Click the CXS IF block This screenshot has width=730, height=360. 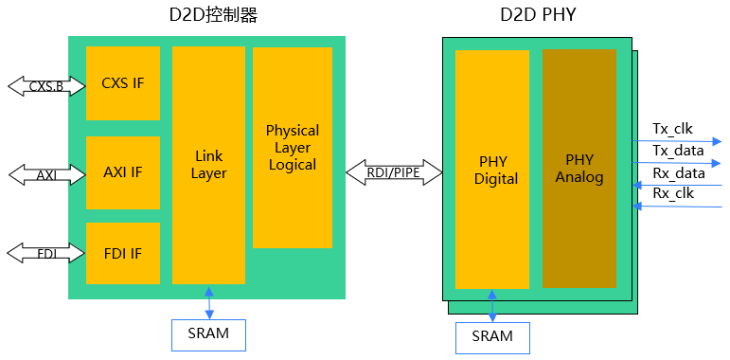(x=123, y=83)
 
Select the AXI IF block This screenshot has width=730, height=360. (x=123, y=172)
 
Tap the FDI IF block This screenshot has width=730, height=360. (x=123, y=253)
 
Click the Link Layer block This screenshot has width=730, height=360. (x=208, y=165)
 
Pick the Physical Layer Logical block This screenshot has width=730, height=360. (x=292, y=147)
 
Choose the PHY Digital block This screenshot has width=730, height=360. (x=492, y=170)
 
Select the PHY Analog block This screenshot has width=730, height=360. (x=579, y=169)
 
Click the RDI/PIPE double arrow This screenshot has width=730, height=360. (x=393, y=171)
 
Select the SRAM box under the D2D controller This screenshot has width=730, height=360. (x=208, y=333)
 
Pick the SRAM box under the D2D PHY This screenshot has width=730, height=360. (x=492, y=337)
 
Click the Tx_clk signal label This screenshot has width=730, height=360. (x=672, y=129)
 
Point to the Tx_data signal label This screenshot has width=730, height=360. (x=679, y=151)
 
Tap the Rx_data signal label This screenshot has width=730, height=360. (x=679, y=173)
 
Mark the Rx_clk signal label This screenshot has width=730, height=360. (x=672, y=194)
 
